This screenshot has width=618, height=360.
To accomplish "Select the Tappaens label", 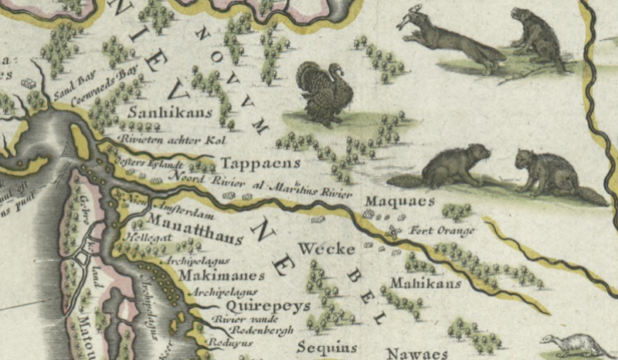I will point(249,165).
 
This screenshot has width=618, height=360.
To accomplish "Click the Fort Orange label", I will point(442,229).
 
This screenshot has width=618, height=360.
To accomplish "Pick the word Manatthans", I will point(194,225).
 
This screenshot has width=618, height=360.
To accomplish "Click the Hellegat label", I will point(142,238).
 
